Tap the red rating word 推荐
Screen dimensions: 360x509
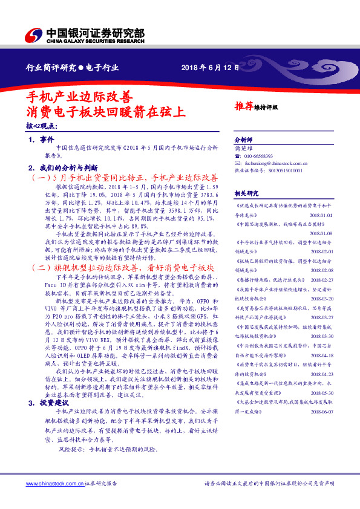(x=243, y=106)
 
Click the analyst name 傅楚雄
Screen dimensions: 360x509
(x=242, y=147)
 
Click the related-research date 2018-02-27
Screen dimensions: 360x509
(x=322, y=280)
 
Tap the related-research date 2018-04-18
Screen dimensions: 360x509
(x=322, y=355)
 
